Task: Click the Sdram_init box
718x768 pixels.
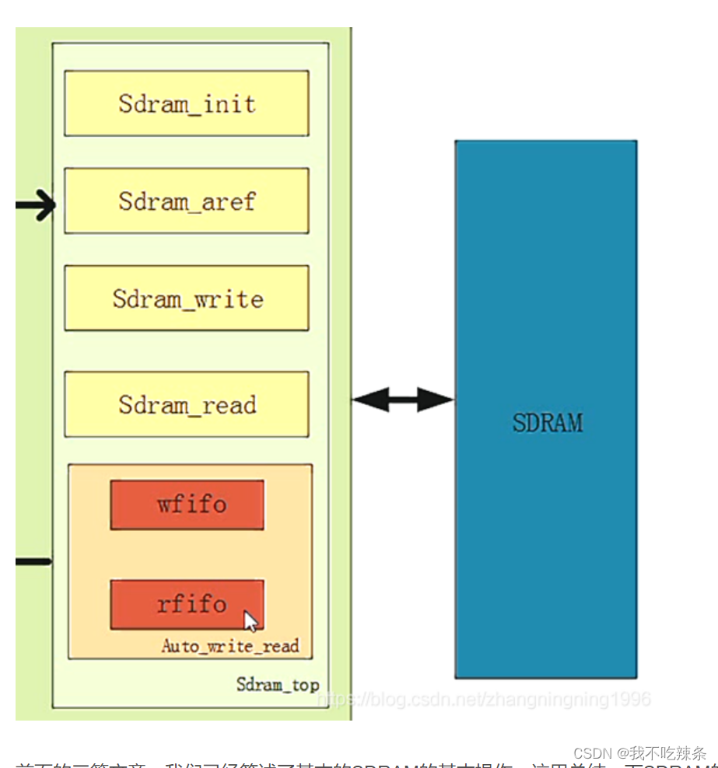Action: (x=186, y=103)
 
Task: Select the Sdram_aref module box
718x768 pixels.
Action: (x=186, y=201)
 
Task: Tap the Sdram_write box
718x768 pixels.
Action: (x=186, y=298)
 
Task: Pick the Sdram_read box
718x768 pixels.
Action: (x=186, y=404)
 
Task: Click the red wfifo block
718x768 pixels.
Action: (x=187, y=504)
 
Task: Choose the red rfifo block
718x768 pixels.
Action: (x=187, y=604)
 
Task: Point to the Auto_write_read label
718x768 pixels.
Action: (x=230, y=646)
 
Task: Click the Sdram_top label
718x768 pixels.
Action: (x=278, y=685)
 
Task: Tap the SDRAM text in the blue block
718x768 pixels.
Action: (x=547, y=422)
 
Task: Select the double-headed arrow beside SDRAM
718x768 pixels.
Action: (x=402, y=400)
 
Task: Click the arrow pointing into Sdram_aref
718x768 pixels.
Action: (x=36, y=205)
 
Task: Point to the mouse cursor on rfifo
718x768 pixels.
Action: (x=250, y=620)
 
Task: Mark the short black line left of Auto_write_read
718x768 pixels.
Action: (x=33, y=561)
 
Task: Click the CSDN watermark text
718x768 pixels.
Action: (x=639, y=753)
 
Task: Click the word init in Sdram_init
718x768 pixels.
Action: (x=229, y=103)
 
